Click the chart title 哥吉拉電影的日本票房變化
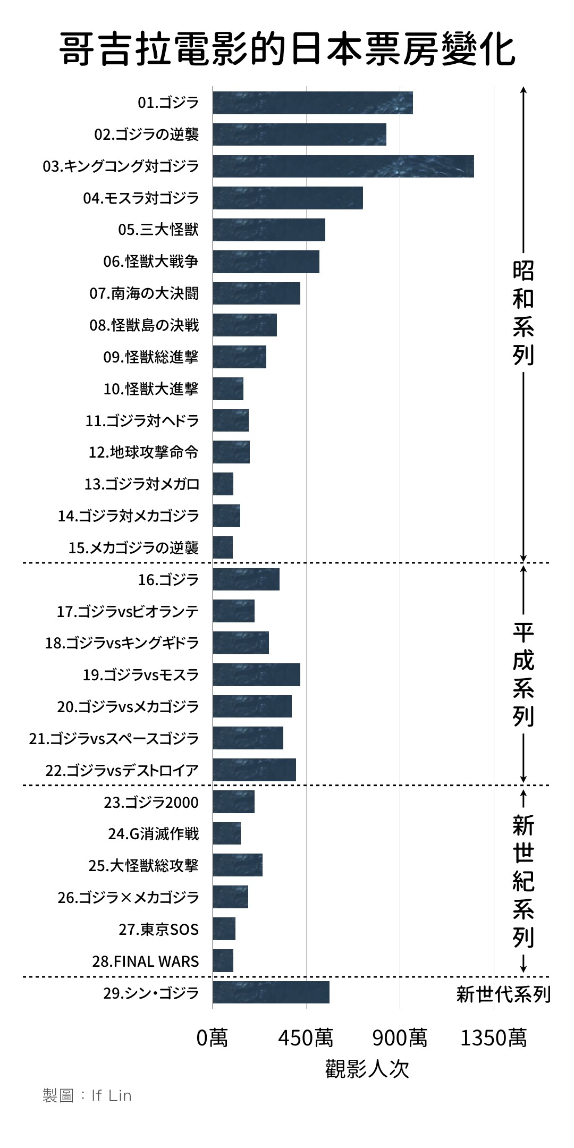[287, 50]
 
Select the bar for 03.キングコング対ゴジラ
[343, 166]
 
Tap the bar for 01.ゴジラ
[313, 103]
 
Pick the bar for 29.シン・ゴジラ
[271, 992]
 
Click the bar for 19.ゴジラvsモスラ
[256, 674]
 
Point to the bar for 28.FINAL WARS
[223, 960]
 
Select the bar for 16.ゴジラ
[246, 579]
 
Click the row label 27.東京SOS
[158, 930]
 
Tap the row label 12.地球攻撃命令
[143, 452]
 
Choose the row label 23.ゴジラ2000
[151, 802]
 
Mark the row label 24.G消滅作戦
[153, 834]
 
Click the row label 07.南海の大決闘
[143, 293]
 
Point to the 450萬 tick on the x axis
[306, 1037]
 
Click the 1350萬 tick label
[494, 1037]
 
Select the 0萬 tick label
[213, 1037]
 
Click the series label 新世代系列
[503, 994]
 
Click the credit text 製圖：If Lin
[87, 1096]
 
